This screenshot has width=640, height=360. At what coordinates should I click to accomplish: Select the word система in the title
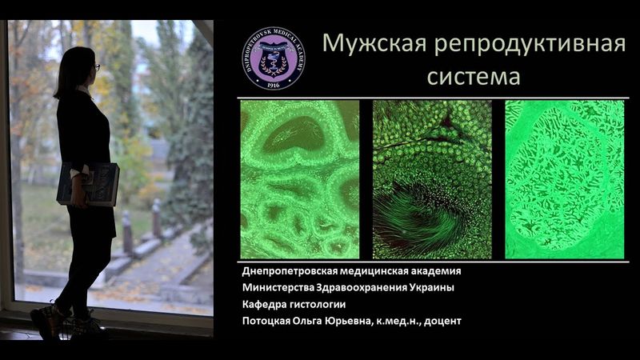tap(473, 78)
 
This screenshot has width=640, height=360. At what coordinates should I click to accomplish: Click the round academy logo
tap(273, 57)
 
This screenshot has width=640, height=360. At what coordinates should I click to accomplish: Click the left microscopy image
tap(299, 179)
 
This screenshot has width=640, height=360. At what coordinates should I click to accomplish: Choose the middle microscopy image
tap(432, 179)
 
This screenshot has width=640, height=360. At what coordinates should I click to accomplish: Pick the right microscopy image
tap(564, 179)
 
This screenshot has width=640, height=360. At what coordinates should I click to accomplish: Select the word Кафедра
tap(266, 305)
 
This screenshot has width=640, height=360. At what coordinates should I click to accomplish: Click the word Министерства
tap(281, 288)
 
